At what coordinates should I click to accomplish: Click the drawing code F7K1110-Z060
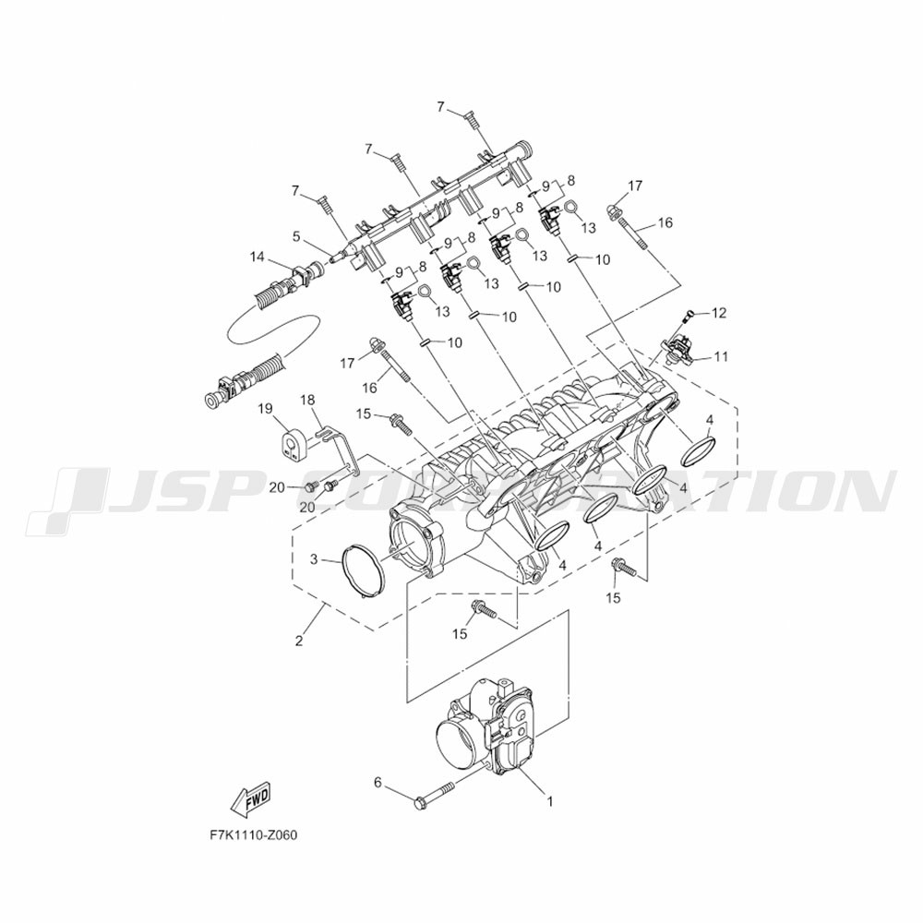tap(254, 835)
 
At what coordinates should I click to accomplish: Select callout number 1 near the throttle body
tap(550, 801)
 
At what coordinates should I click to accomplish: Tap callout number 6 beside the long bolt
tap(378, 782)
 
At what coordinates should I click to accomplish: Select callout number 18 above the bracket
tap(308, 401)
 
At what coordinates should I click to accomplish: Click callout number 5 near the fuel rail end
tap(297, 236)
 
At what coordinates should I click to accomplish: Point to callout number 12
tap(719, 313)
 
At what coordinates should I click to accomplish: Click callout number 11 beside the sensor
tap(722, 356)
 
